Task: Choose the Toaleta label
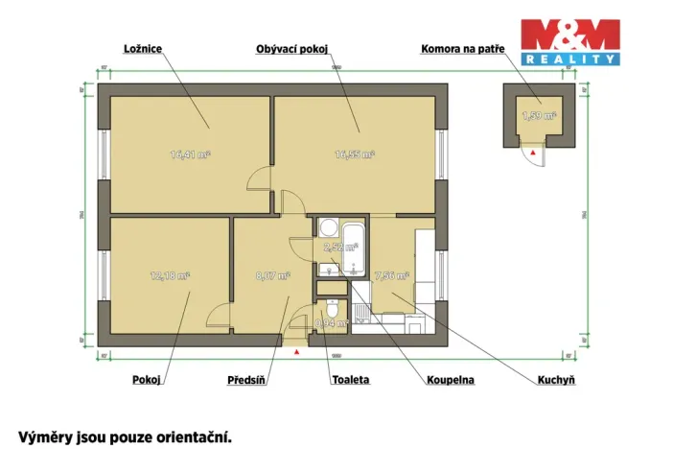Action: click(350, 380)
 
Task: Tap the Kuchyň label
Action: click(556, 380)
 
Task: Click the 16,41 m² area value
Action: click(190, 154)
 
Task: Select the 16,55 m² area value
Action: click(354, 154)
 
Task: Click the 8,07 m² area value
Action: click(271, 275)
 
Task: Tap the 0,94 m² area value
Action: click(331, 323)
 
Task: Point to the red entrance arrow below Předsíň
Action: click(297, 352)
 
